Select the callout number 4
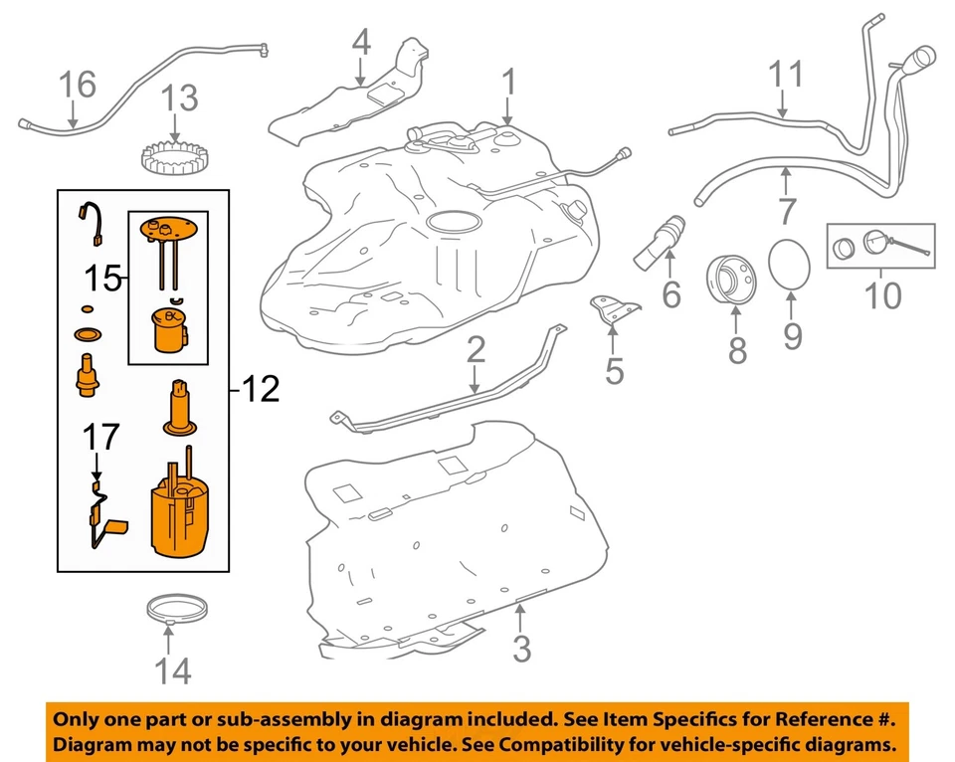pyautogui.click(x=360, y=44)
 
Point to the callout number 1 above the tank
pyautogui.click(x=509, y=84)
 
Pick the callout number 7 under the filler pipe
pyautogui.click(x=786, y=211)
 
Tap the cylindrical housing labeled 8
pyautogui.click(x=735, y=283)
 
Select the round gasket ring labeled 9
pyautogui.click(x=792, y=264)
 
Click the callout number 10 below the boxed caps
pyautogui.click(x=882, y=295)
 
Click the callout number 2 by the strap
pyautogui.click(x=476, y=349)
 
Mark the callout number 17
pyautogui.click(x=100, y=436)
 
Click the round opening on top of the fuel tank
pyautogui.click(x=453, y=222)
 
